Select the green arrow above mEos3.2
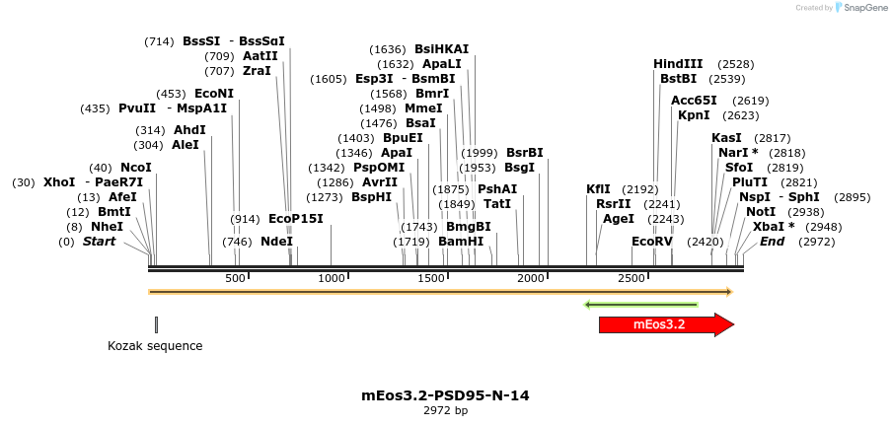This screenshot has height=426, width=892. pyautogui.click(x=641, y=305)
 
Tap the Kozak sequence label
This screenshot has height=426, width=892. pyautogui.click(x=155, y=346)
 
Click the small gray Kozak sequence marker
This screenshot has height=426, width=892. pyautogui.click(x=156, y=324)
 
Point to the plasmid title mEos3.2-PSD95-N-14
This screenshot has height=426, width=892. pyautogui.click(x=445, y=395)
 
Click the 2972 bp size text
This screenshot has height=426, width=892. pyautogui.click(x=445, y=410)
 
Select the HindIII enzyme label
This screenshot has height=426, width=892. pyautogui.click(x=678, y=64)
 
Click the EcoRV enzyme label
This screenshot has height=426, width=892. pyautogui.click(x=652, y=242)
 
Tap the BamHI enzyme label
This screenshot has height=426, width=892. pyautogui.click(x=461, y=242)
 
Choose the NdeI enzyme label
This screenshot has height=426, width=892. pyautogui.click(x=276, y=242)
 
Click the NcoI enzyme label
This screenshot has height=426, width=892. pyautogui.click(x=136, y=168)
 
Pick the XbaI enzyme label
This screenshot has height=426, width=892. pyautogui.click(x=774, y=227)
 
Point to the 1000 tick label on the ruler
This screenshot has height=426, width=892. pyautogui.click(x=331, y=279)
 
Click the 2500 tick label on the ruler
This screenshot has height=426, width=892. pyautogui.click(x=632, y=279)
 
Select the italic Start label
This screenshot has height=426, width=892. pyautogui.click(x=99, y=242)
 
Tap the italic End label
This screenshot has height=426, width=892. pyautogui.click(x=772, y=242)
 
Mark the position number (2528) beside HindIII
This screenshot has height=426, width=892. pyautogui.click(x=736, y=64)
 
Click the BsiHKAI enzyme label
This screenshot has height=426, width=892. pyautogui.click(x=441, y=49)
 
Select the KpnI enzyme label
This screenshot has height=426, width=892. pyautogui.click(x=694, y=115)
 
